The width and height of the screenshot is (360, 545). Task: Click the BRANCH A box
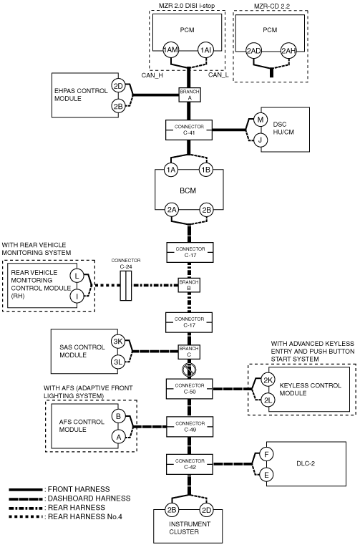(190, 95)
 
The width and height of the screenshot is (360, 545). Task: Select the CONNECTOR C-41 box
(189, 130)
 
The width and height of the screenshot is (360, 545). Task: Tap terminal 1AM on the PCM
(170, 50)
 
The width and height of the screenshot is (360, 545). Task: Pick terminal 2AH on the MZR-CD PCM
(288, 51)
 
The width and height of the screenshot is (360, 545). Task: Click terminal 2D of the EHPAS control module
(119, 86)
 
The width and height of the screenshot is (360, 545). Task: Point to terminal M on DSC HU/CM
(261, 120)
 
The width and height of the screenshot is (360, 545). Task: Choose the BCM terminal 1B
(205, 170)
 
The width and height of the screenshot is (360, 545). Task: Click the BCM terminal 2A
(172, 210)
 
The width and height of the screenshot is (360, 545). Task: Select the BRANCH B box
(190, 285)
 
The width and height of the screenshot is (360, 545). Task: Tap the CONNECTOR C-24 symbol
(126, 286)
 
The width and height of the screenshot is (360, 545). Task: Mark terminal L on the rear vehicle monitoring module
(77, 276)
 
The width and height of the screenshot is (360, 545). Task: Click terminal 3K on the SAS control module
(118, 342)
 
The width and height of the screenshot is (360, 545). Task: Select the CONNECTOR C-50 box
(190, 389)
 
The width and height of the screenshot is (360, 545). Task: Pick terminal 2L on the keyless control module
(268, 400)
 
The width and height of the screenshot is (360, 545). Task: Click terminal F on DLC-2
(266, 454)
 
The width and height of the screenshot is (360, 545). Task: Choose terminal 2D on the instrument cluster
(206, 510)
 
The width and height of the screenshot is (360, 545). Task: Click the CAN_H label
(152, 74)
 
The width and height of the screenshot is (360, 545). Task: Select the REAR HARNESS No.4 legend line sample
(26, 516)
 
